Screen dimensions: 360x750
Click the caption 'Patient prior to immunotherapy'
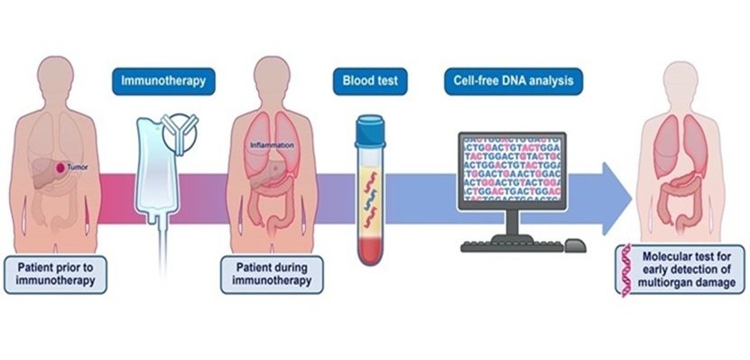58,273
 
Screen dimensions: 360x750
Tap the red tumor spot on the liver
58,169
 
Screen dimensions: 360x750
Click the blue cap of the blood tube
371,123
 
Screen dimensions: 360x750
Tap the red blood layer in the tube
371,246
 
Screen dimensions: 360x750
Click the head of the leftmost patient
57,77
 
